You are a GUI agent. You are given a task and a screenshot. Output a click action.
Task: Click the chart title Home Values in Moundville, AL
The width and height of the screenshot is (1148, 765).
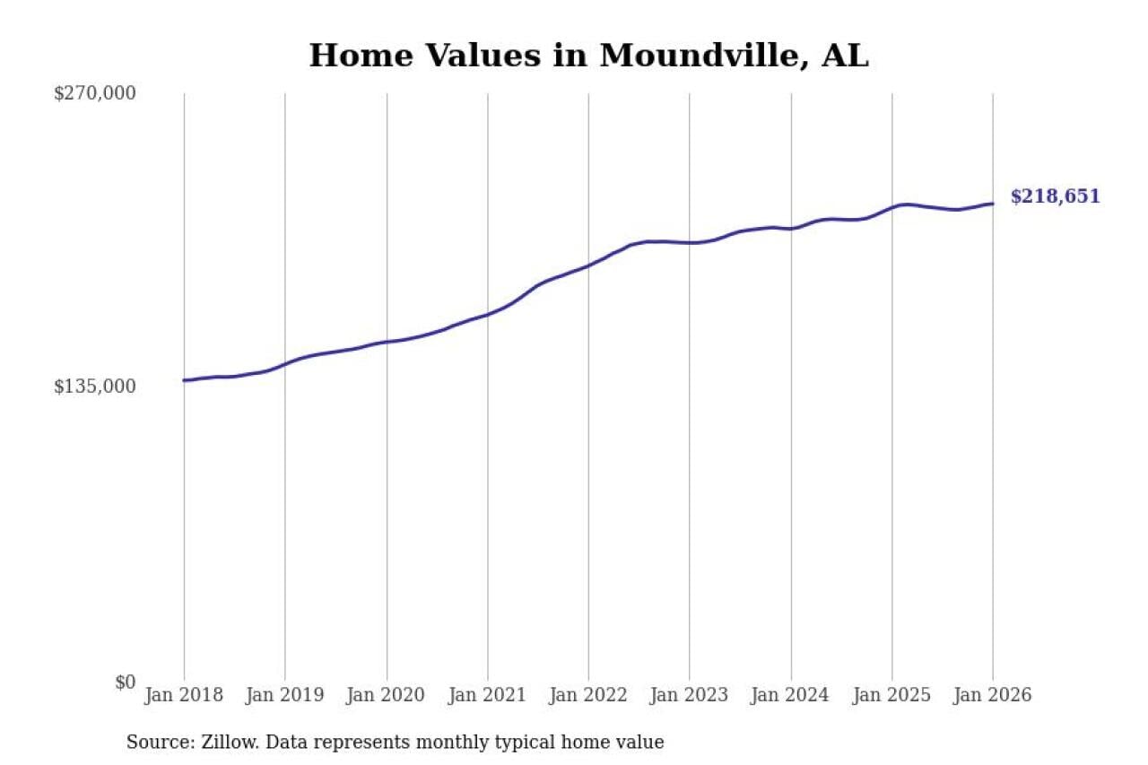[x=588, y=56]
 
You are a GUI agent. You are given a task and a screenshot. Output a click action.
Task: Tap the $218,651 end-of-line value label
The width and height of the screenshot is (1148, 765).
[x=1055, y=196]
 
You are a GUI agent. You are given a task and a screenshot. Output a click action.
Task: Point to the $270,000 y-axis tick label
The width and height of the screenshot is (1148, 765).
[x=95, y=93]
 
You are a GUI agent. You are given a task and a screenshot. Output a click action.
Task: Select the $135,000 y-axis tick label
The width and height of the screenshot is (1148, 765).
[x=95, y=387]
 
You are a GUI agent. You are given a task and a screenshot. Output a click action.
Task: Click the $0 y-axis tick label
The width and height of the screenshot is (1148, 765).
[x=125, y=682]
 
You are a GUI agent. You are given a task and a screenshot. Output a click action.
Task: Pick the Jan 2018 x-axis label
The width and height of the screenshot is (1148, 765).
[x=184, y=696]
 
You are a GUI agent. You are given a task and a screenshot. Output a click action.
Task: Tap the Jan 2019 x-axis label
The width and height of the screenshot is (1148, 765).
[x=285, y=696]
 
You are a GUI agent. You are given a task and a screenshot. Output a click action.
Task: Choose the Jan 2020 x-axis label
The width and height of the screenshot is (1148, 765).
[x=387, y=696]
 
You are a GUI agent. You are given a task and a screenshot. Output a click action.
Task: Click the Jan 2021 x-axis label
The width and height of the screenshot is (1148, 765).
[x=488, y=696]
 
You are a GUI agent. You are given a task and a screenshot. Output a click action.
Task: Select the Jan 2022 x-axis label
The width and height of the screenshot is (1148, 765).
[x=588, y=696]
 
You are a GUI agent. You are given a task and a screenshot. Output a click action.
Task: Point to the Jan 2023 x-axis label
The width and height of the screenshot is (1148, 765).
[x=690, y=696]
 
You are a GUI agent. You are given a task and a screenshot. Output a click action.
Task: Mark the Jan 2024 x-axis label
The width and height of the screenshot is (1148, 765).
[x=791, y=696]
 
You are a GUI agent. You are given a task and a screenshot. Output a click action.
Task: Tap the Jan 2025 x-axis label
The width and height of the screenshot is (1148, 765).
[x=892, y=696]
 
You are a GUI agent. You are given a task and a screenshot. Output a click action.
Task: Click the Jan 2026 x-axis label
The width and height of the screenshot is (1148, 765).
[x=992, y=696]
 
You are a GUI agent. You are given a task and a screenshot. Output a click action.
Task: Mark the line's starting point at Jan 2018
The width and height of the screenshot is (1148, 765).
[x=185, y=380]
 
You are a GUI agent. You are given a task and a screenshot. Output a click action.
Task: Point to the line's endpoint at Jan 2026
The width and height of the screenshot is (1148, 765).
[x=993, y=204]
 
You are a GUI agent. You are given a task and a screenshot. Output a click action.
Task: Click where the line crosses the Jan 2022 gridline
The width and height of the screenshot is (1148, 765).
[x=588, y=265]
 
